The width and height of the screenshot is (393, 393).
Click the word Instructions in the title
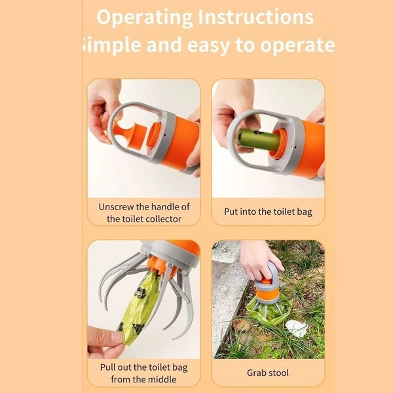[x=257, y=17]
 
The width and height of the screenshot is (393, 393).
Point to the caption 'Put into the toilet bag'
[x=268, y=212]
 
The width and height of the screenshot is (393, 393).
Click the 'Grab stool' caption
[x=268, y=373]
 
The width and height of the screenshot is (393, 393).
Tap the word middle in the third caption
[x=165, y=379]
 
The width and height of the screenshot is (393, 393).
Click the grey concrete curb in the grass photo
[x=226, y=295]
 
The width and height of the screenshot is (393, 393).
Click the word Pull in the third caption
[x=109, y=367]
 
